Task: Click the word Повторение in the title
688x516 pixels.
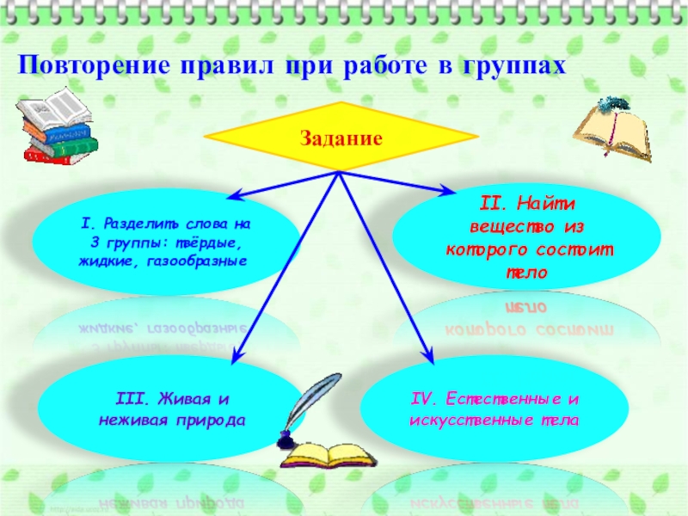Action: [x=92, y=65]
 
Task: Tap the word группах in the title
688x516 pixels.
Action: [x=517, y=66]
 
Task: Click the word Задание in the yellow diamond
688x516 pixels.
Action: [x=341, y=137]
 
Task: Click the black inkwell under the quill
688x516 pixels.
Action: [x=286, y=442]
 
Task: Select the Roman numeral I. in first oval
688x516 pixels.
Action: [x=86, y=224]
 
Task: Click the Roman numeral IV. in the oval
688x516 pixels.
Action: [x=424, y=400]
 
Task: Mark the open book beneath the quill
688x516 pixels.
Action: [x=322, y=457]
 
